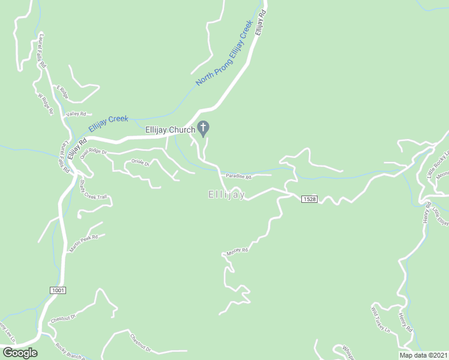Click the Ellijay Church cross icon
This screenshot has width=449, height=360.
point(203,128)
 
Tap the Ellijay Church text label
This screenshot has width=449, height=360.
point(170,130)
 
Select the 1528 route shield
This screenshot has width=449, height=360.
point(309,199)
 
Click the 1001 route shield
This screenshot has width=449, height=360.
point(58,290)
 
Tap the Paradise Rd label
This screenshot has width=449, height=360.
point(238,176)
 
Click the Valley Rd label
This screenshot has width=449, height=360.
point(77,114)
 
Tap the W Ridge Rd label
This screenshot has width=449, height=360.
point(46,104)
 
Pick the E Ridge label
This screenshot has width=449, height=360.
point(63,92)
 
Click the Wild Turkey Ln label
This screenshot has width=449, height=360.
point(380,319)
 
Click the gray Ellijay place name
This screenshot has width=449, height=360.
point(226,194)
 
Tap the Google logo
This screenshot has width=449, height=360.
point(19,353)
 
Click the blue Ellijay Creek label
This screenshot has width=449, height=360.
point(108,123)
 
